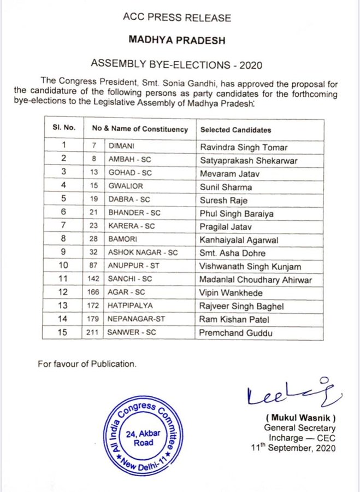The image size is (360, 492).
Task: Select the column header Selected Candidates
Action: [235, 130]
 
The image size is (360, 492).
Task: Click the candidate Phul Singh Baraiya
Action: [236, 213]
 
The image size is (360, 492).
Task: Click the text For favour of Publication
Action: [87, 364]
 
